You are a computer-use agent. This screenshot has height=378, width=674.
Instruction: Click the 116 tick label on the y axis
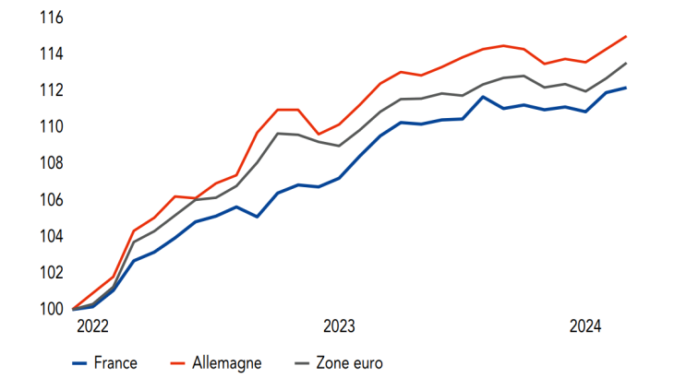coord(51,18)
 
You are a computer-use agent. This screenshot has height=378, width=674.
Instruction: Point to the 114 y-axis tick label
coord(51,54)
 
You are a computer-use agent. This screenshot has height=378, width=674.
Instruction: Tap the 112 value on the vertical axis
coord(51,90)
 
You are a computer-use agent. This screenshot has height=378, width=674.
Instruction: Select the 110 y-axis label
coord(51,126)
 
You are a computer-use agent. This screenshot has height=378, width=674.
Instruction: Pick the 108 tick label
coord(51,163)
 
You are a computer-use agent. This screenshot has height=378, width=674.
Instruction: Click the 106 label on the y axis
coord(51,199)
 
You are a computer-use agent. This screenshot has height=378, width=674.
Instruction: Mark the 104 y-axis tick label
coord(51,236)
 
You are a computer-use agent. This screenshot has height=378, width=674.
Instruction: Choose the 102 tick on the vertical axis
coord(51,272)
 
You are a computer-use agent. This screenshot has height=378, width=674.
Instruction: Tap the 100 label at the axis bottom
coord(51,309)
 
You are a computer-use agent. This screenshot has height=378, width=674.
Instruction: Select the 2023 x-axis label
coord(339,326)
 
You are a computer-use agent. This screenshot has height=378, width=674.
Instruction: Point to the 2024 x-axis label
coord(585,326)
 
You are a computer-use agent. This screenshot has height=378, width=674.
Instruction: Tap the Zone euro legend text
coord(349,362)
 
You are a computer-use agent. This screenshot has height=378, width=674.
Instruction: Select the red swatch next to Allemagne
coord(185,362)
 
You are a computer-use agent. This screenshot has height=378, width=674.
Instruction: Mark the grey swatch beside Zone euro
coord(303,362)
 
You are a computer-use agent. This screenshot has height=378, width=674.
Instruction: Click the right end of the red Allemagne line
coord(627,37)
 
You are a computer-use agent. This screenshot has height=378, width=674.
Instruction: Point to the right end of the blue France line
coord(627,89)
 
